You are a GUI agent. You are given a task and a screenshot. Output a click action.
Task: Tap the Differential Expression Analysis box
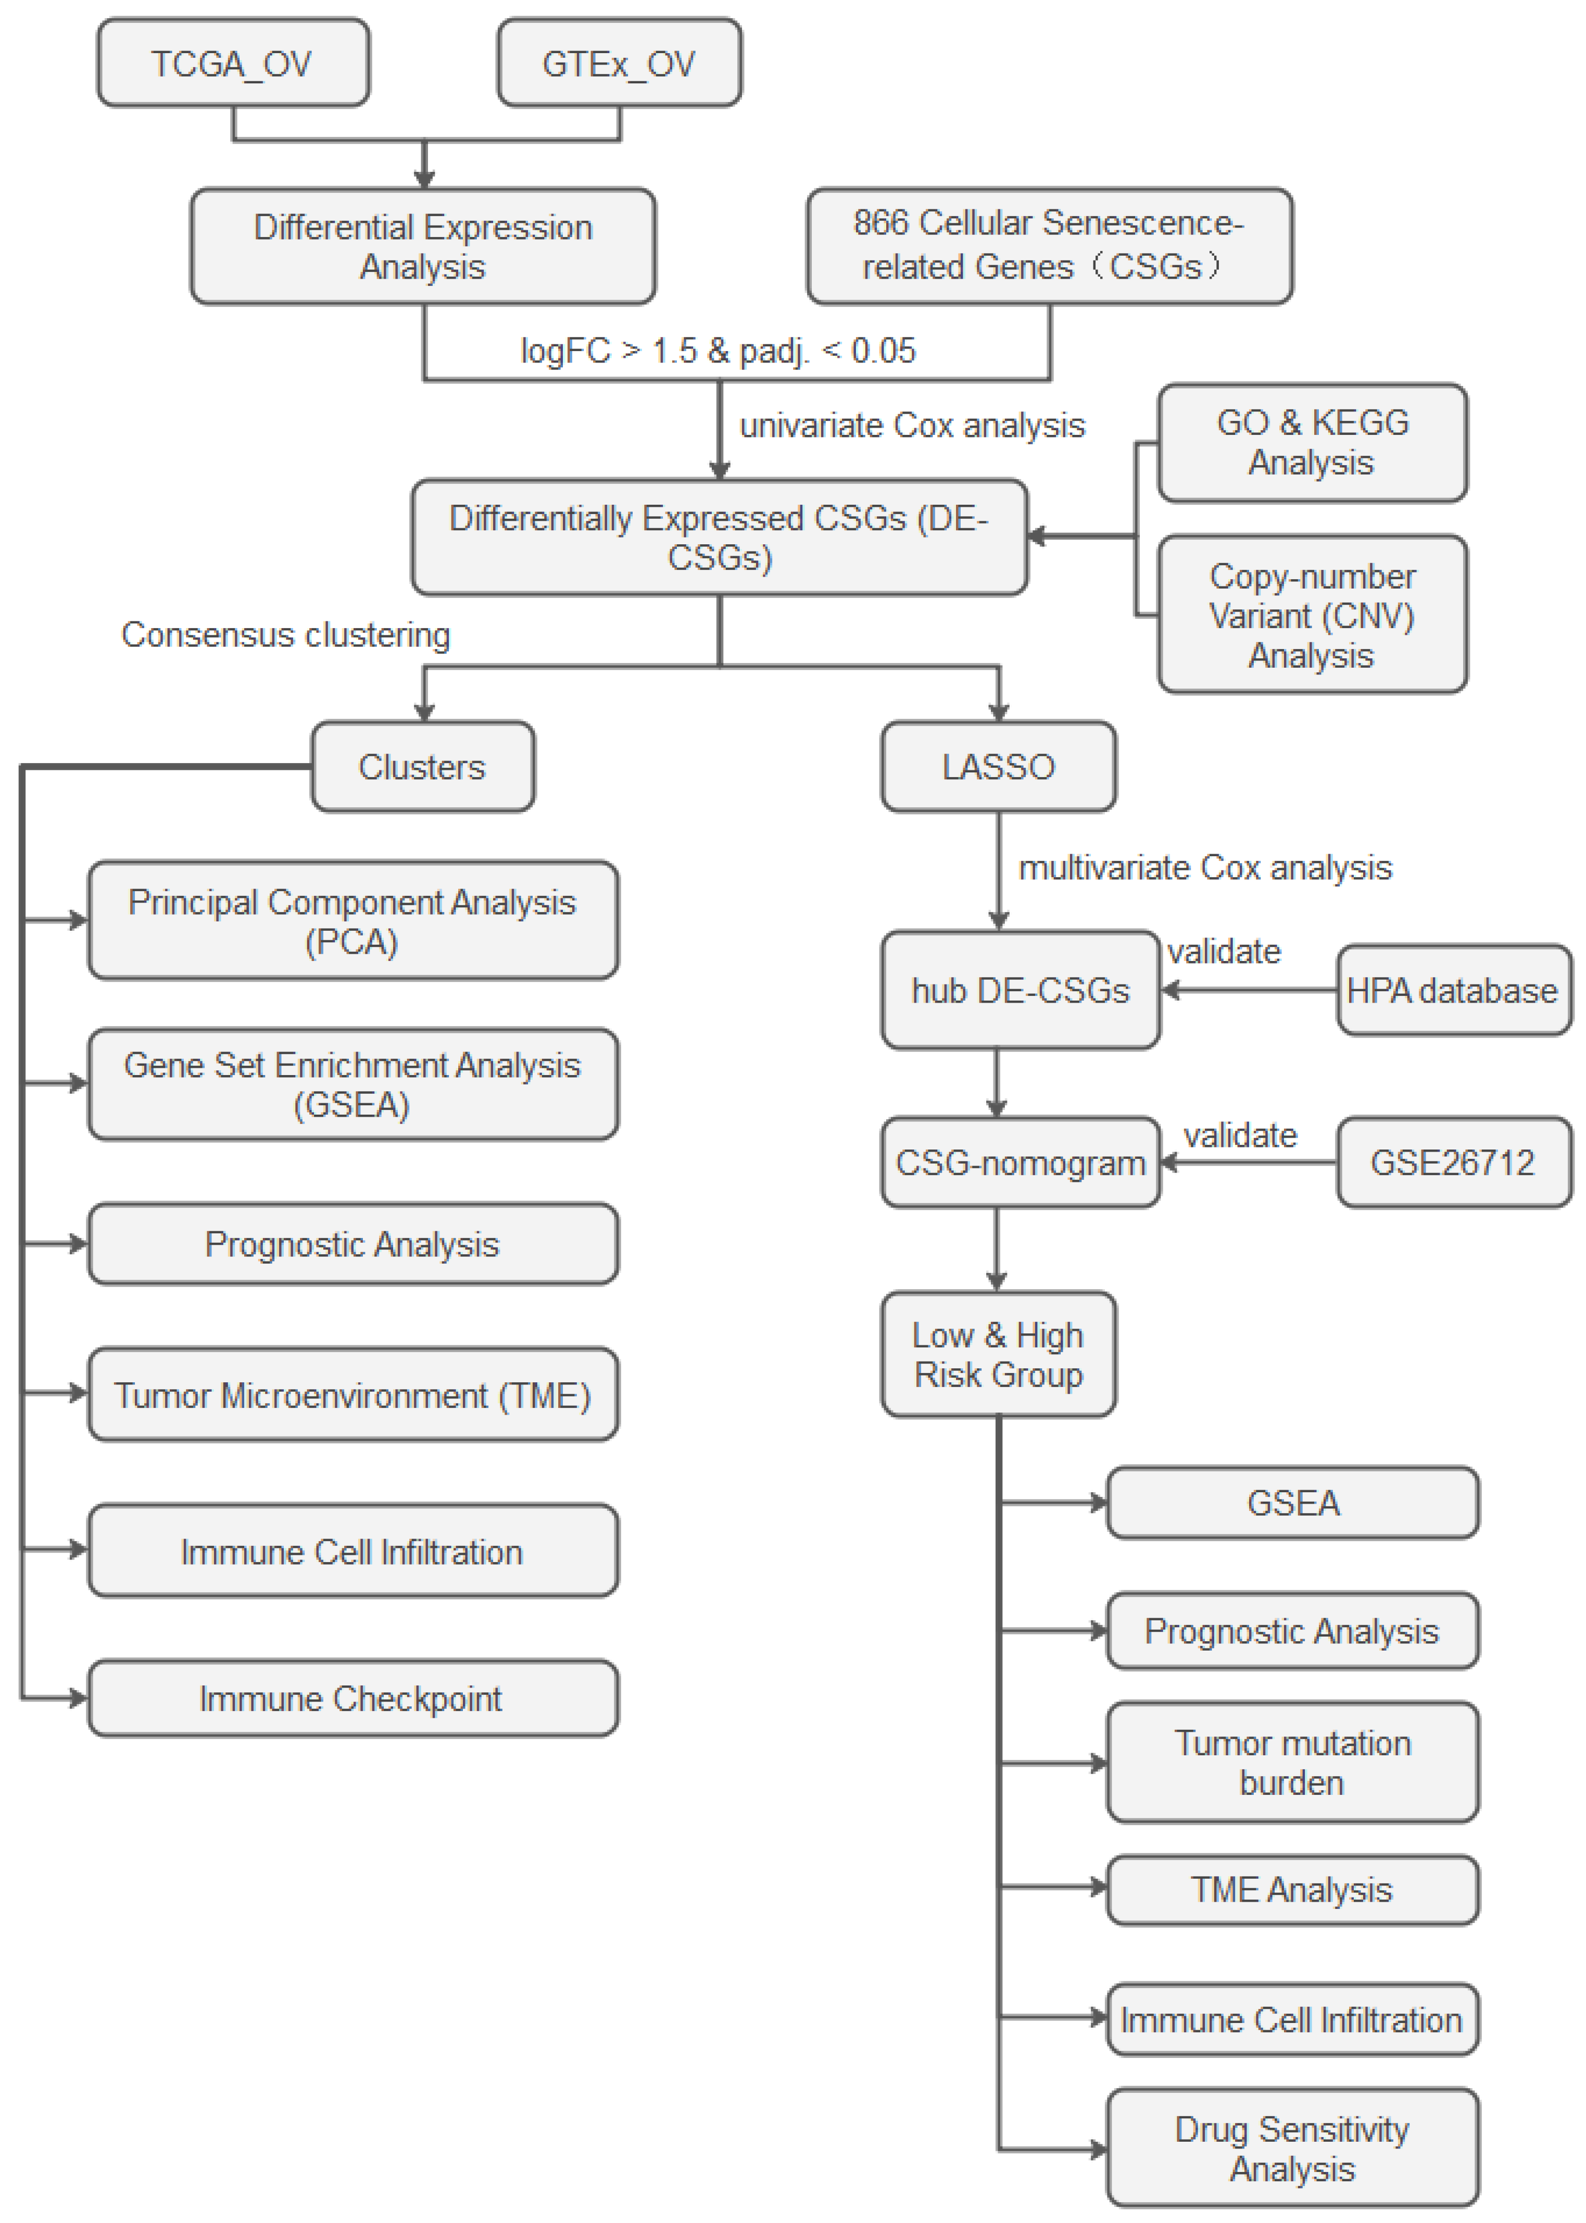(x=423, y=246)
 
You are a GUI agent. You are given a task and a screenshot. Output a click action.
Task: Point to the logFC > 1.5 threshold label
(x=718, y=351)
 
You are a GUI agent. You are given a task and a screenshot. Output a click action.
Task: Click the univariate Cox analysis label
(x=912, y=426)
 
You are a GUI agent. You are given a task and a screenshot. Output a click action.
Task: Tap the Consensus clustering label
(x=285, y=635)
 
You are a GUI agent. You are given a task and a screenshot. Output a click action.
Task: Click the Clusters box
(x=422, y=767)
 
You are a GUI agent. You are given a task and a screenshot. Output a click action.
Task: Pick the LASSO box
(x=998, y=767)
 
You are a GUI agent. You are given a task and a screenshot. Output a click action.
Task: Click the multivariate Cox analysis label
(x=1205, y=867)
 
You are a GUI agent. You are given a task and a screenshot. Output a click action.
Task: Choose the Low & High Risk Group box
(x=998, y=1355)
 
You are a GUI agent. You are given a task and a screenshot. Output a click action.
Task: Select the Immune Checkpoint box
(x=351, y=1699)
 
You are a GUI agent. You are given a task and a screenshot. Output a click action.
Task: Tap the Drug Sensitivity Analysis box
(x=1292, y=2148)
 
